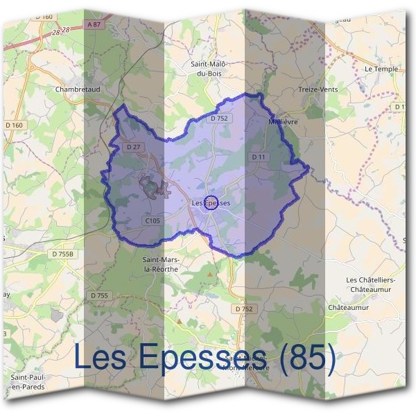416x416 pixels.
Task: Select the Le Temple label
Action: click(381, 69)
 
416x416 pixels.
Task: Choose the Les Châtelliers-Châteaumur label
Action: click(370, 284)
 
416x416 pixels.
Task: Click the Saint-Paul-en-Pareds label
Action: click(27, 381)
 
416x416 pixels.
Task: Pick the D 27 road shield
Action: click(134, 147)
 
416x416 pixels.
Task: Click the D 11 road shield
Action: click(259, 157)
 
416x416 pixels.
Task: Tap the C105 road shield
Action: click(153, 220)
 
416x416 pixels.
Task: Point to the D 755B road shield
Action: click(62, 254)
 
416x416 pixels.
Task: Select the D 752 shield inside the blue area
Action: click(218, 119)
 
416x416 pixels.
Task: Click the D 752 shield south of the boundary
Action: click(244, 309)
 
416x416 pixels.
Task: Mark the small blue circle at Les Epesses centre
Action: click(211, 202)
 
